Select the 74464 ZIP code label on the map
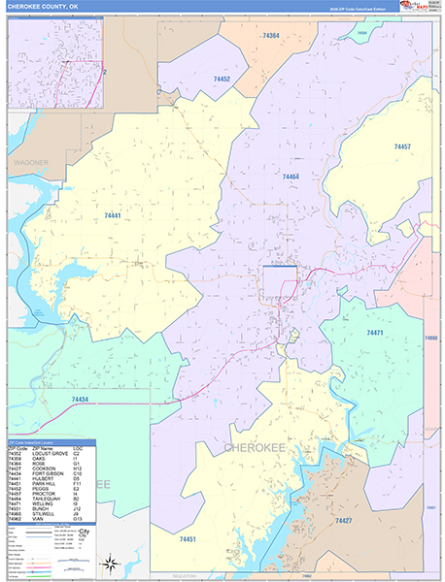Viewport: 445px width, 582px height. point(290,177)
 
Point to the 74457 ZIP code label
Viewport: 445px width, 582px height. point(402,146)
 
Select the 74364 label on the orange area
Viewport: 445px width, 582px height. point(270,36)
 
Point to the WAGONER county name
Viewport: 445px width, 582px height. point(30,163)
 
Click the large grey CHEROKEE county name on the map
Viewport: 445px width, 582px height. point(257,447)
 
